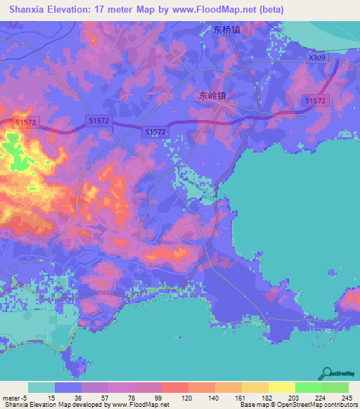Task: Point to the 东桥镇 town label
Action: point(229,30)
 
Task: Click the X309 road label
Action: point(317,59)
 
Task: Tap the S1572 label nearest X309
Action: point(316,101)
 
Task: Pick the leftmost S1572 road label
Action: point(27,122)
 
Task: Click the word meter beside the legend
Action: point(10,397)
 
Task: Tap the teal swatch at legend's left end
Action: point(41,387)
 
